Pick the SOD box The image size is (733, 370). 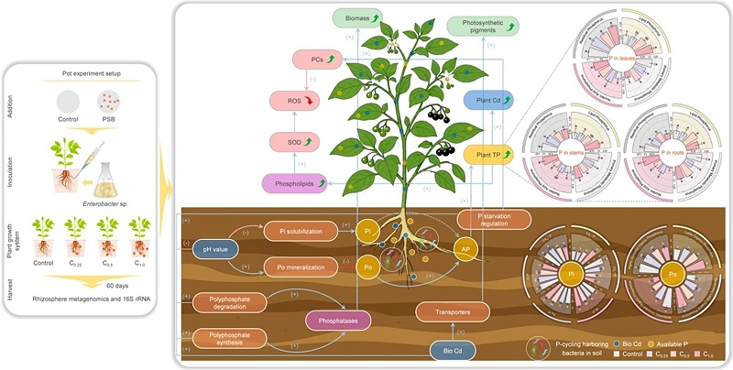click(294, 142)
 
